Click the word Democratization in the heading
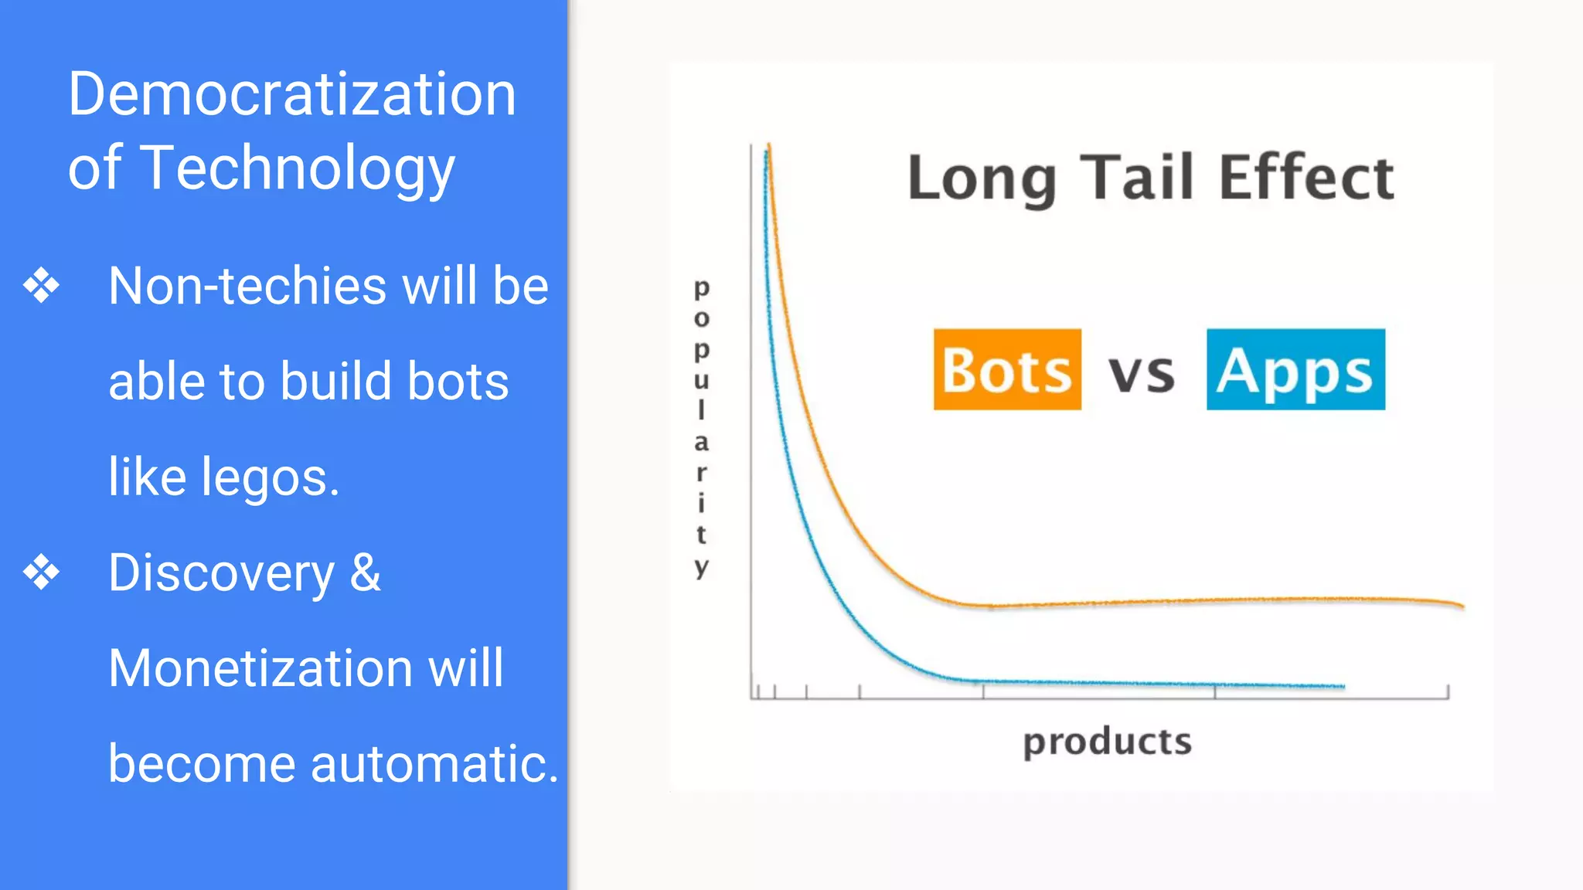tap(291, 94)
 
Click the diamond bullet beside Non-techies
tap(41, 286)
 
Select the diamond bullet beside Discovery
tap(41, 572)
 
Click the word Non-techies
tap(247, 286)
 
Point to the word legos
tap(271, 478)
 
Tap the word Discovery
tap(222, 573)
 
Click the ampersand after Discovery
tap(365, 573)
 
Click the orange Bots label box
tap(1007, 369)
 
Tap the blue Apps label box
tap(1295, 369)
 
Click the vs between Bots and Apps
tap(1142, 374)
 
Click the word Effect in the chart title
tap(1307, 178)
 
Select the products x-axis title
tap(1107, 742)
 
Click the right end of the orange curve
tap(1461, 606)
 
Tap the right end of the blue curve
tap(1342, 686)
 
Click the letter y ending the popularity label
tap(701, 567)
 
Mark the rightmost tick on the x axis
tap(1448, 691)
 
